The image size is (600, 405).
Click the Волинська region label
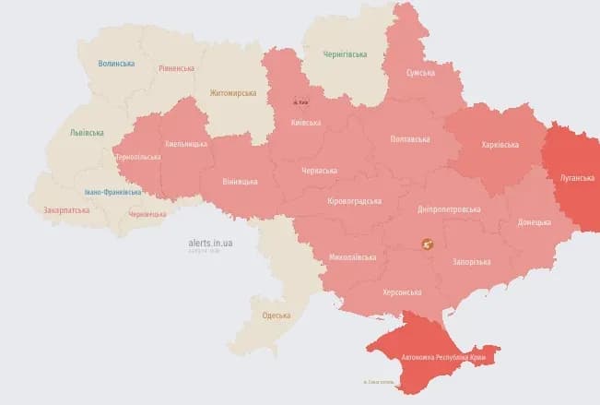tap(116, 64)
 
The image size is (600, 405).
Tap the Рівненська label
tap(176, 68)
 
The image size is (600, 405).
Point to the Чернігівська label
tap(345, 54)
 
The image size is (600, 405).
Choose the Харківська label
tap(500, 145)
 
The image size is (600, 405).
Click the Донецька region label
tap(535, 222)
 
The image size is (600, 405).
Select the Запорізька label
tap(471, 262)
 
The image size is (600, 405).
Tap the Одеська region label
tap(276, 316)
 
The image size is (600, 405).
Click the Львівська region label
tap(88, 133)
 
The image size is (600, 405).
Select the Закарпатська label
tap(66, 210)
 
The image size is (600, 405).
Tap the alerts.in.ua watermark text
tap(210, 243)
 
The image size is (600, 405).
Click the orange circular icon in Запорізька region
tap(427, 244)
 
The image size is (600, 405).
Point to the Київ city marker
tap(296, 101)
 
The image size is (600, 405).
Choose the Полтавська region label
tap(410, 139)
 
